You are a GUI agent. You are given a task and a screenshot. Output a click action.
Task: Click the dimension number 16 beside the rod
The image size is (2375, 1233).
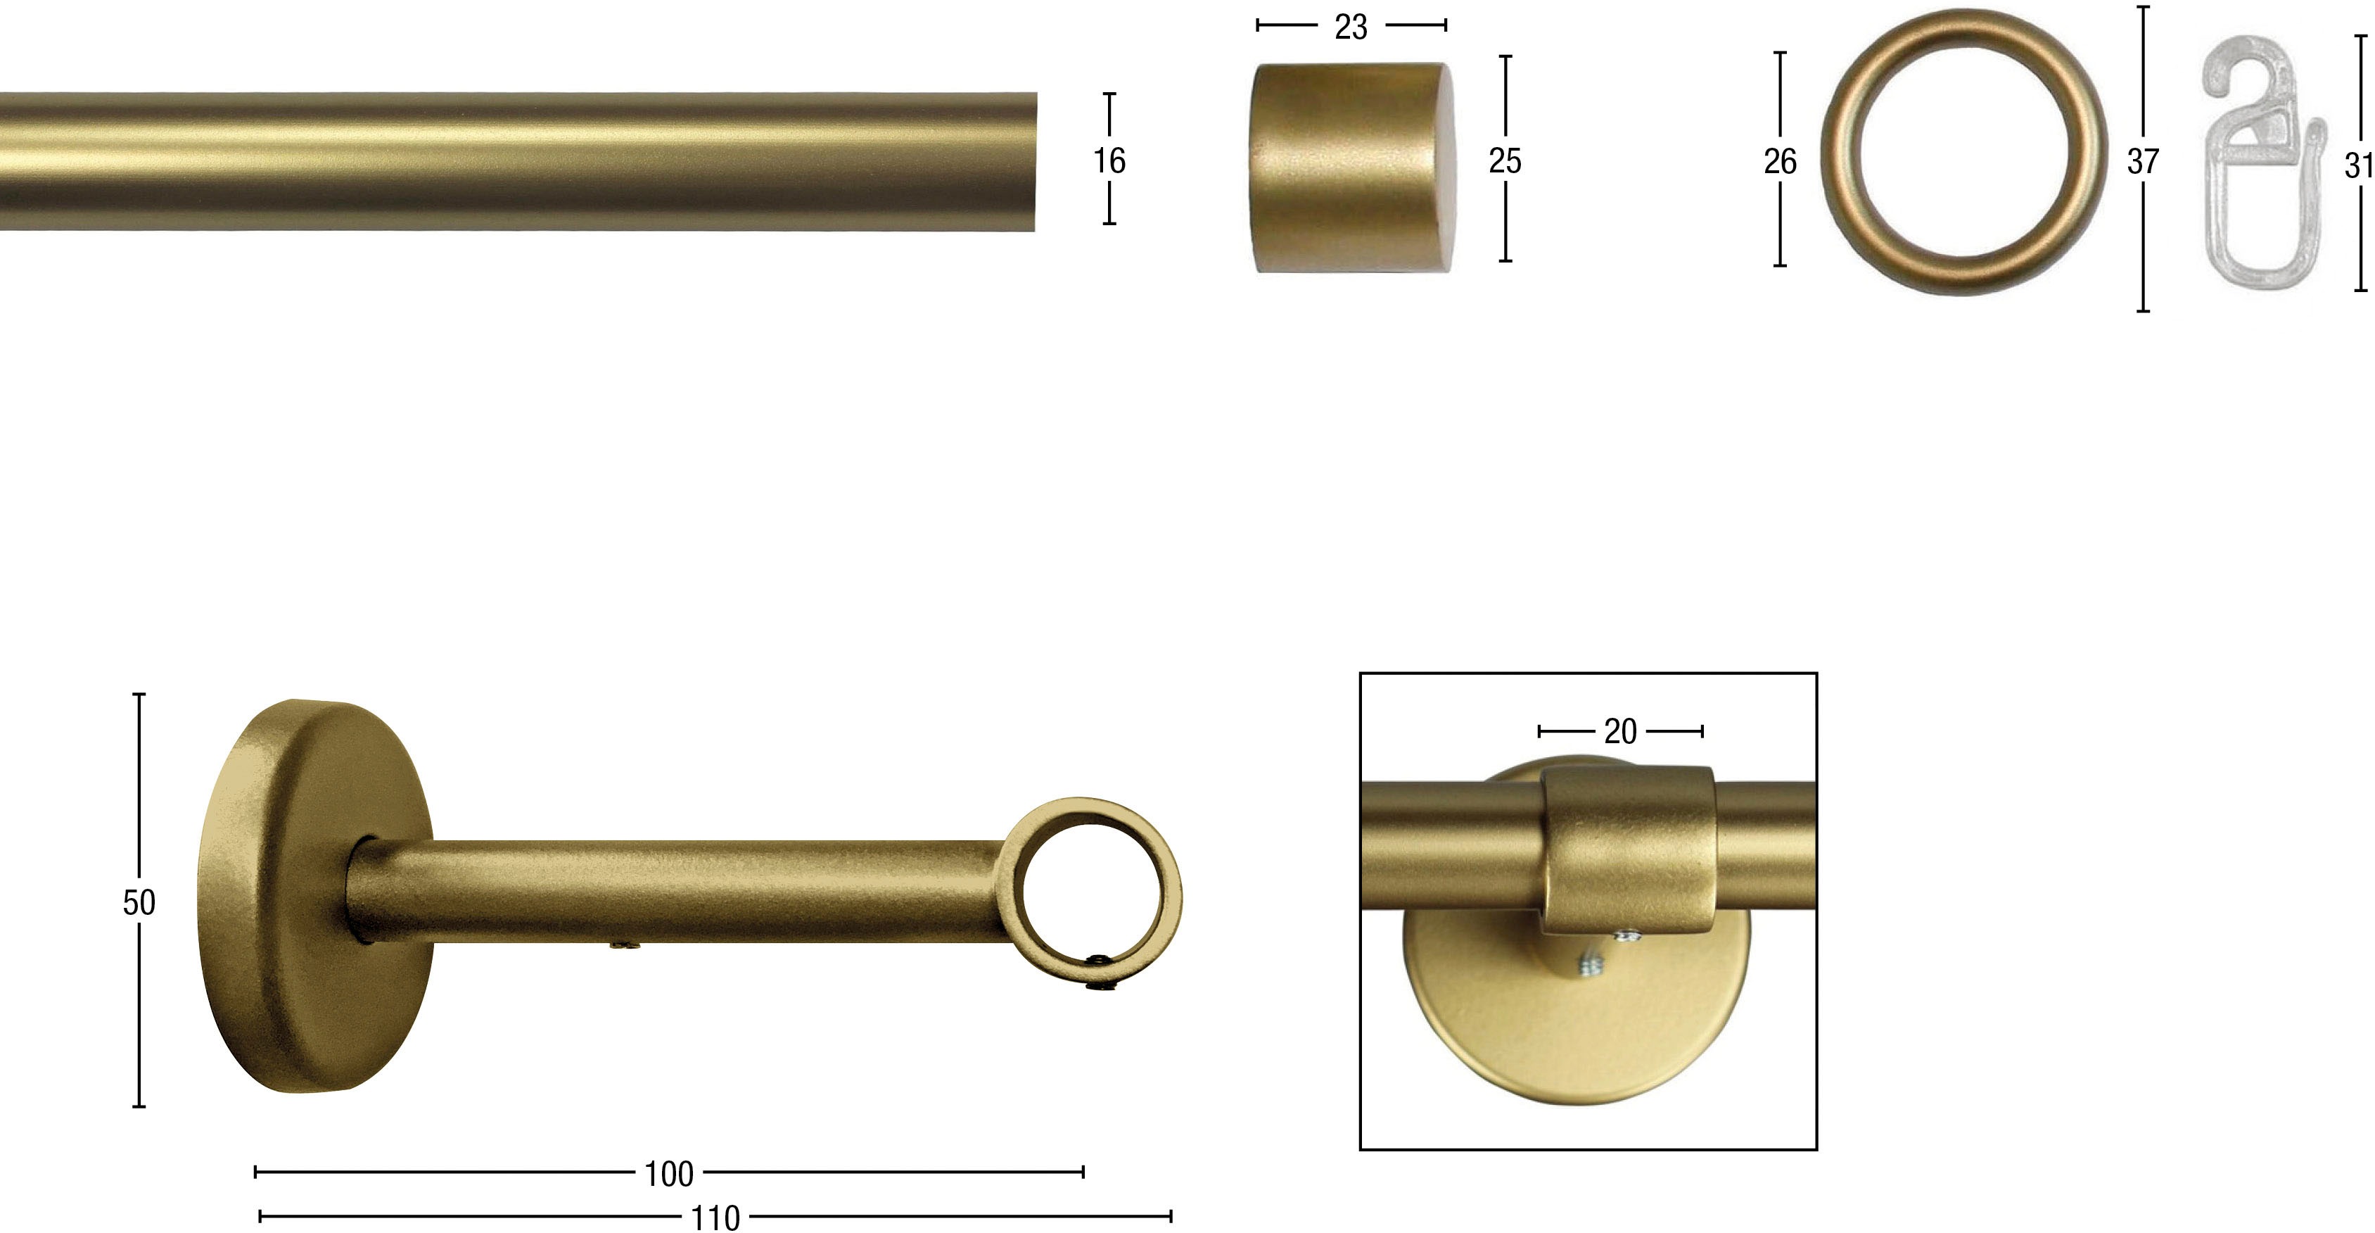tap(1109, 161)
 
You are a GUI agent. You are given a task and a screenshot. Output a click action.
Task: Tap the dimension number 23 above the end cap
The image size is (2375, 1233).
tap(1351, 27)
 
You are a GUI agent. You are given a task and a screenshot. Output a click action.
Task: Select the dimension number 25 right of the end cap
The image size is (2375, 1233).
tap(1505, 161)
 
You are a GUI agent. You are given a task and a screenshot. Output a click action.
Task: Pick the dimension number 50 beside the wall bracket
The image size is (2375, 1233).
tap(139, 902)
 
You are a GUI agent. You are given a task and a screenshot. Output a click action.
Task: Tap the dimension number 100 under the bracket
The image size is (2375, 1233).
tap(668, 1174)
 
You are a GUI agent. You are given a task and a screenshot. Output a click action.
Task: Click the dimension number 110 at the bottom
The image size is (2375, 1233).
tap(715, 1218)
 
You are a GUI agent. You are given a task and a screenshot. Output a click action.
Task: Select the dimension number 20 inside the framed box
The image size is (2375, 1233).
tap(1620, 732)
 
